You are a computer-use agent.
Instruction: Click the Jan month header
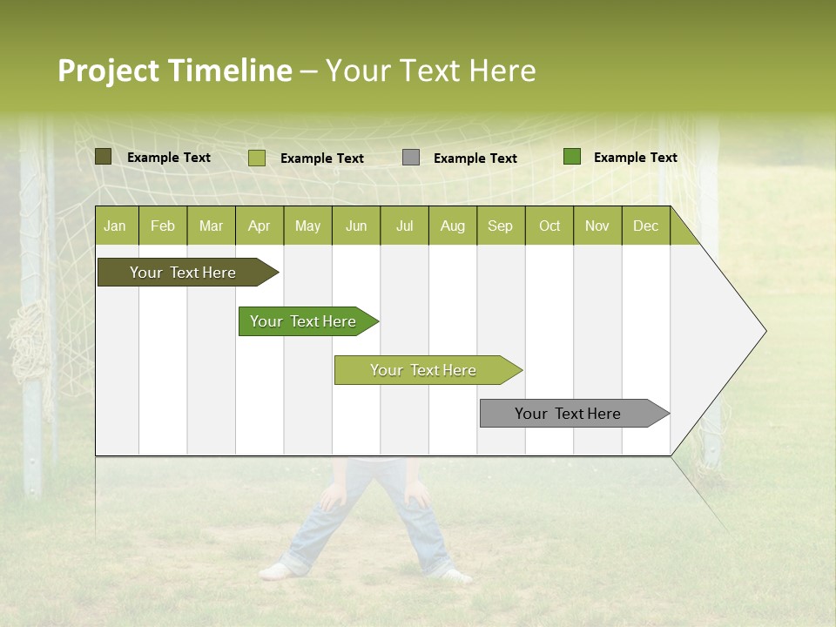pos(115,226)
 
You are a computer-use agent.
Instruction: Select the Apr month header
pos(259,226)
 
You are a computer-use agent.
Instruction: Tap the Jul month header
pos(404,226)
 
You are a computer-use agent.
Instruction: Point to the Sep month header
pos(500,226)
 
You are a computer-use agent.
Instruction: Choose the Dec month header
pos(645,226)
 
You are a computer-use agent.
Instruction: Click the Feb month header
pos(163,226)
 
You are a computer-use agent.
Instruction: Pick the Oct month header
pos(549,226)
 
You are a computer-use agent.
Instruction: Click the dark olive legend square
pos(104,157)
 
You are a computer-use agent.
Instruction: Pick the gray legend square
pos(411,158)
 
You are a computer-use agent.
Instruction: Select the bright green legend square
pos(572,157)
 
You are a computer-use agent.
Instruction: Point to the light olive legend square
pos(257,158)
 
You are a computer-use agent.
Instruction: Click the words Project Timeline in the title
pos(174,71)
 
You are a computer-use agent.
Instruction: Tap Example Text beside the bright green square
pos(635,158)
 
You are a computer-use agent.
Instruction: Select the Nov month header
pos(597,226)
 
